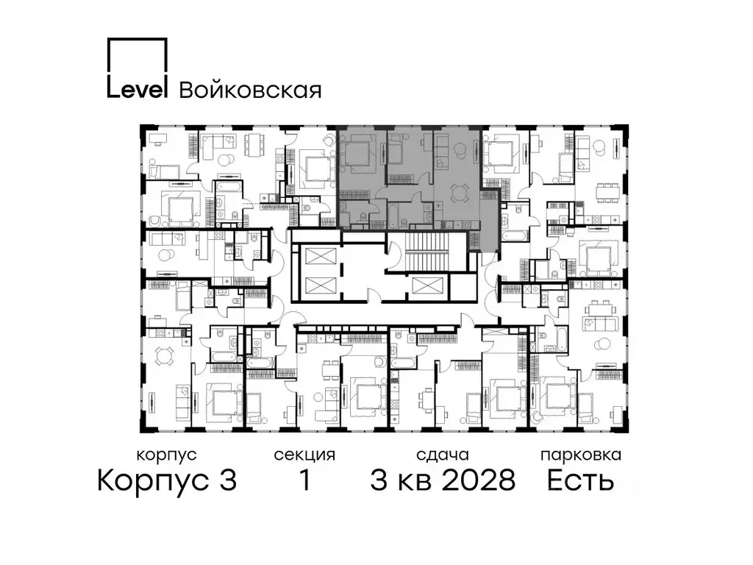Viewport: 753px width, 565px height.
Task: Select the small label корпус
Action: tap(167, 455)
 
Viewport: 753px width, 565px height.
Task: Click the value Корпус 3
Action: tap(167, 481)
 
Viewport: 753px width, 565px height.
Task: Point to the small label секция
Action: tap(304, 455)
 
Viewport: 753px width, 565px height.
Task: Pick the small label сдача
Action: tap(441, 455)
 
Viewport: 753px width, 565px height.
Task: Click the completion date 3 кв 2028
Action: tap(442, 481)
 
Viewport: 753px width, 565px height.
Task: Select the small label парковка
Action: tap(580, 455)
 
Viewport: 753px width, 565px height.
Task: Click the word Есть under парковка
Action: tap(580, 481)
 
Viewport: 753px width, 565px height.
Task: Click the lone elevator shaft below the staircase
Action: tap(427, 286)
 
